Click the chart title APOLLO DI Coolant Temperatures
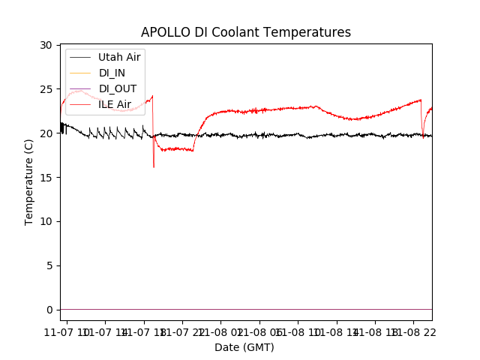246,32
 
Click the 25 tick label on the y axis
46,89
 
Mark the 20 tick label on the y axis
46,133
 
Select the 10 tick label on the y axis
46,221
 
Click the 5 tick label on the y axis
49,265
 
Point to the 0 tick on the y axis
49,310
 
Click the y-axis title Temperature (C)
29,181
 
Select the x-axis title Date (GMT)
244,347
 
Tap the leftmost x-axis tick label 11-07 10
68,331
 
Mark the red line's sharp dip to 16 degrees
154,166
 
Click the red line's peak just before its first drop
152,96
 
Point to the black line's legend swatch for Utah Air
80,57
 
